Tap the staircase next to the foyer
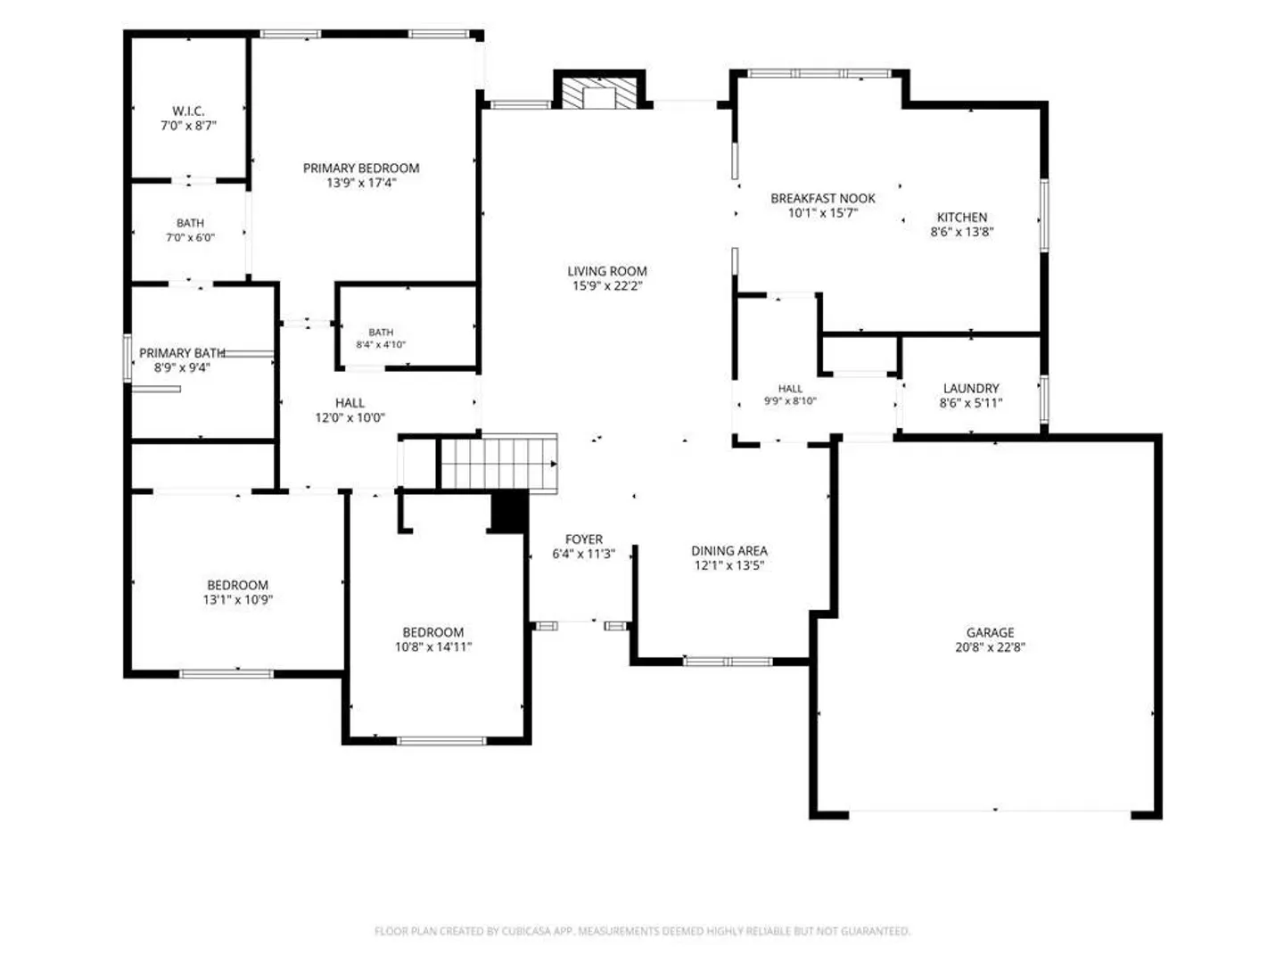(498, 463)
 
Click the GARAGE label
(990, 632)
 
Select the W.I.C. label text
(188, 111)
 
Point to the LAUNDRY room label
(971, 388)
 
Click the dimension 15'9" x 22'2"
(607, 286)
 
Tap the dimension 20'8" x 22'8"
(990, 647)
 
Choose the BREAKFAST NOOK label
(822, 198)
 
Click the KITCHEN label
(962, 217)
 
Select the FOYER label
(584, 539)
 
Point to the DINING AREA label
(728, 551)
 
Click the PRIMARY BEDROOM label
(361, 169)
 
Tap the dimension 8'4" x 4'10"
(381, 345)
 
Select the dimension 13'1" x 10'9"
(237, 600)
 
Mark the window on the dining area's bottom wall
(728, 662)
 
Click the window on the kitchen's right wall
(1043, 215)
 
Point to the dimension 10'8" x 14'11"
(432, 647)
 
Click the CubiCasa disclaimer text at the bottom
(642, 931)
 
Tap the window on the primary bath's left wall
(127, 358)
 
